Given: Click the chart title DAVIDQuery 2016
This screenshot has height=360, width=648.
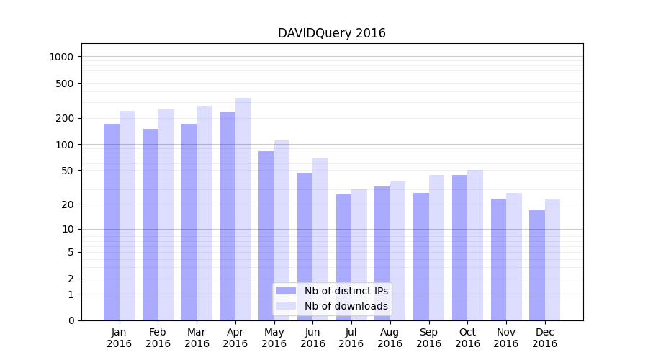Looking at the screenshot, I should (x=332, y=34).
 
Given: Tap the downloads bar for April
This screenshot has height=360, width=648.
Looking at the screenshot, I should (x=243, y=209).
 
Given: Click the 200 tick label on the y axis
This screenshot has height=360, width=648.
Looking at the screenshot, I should (x=66, y=118).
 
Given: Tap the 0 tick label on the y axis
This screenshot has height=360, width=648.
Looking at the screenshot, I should (x=71, y=320).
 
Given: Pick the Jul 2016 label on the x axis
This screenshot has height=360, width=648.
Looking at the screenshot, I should (x=351, y=338).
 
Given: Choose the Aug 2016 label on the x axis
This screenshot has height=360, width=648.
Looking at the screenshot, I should (x=390, y=338).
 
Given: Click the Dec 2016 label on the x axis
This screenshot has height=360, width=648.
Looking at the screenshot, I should (x=544, y=338).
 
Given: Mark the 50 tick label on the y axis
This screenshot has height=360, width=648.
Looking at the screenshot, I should (x=68, y=171).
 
